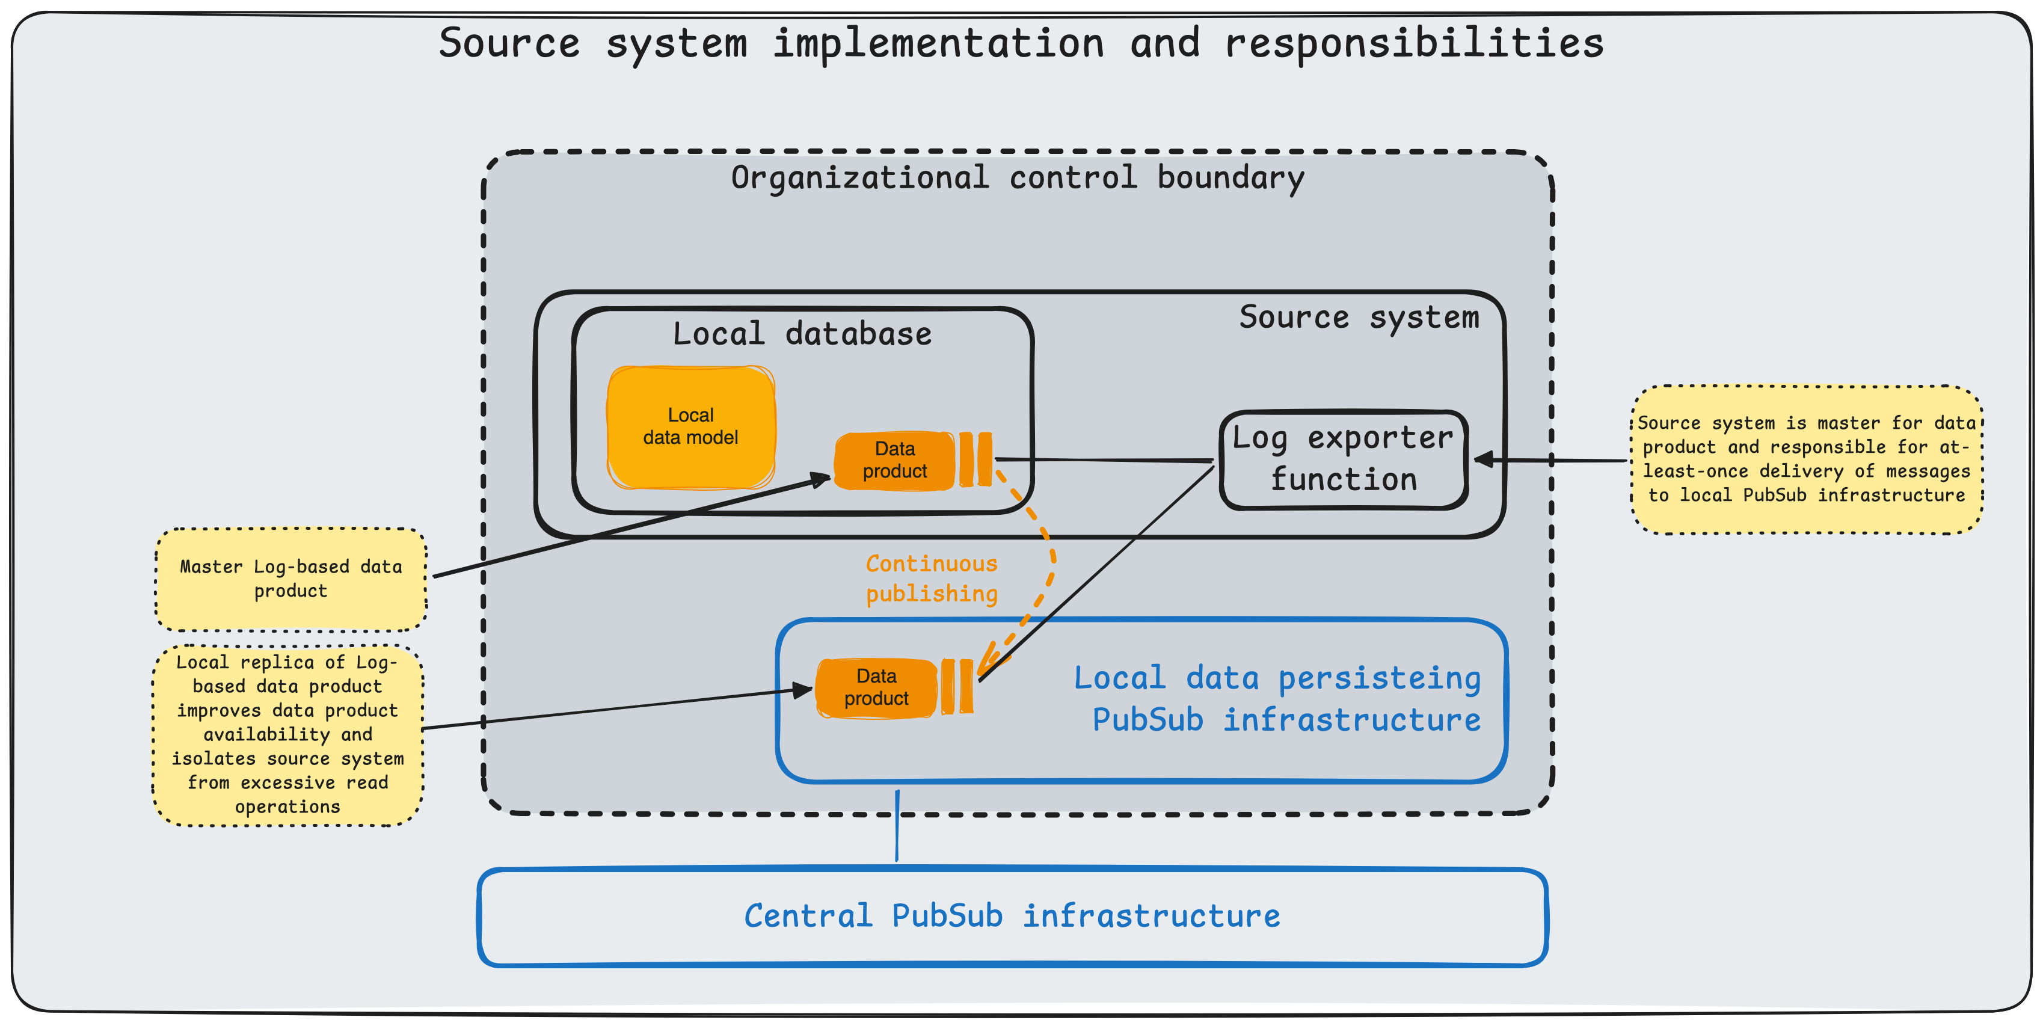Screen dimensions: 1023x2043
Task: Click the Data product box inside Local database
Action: [x=894, y=460]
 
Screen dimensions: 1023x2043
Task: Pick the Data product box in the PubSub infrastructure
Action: [x=876, y=687]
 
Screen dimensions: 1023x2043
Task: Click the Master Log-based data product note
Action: [x=290, y=579]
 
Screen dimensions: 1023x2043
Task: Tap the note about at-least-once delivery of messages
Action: [x=1806, y=459]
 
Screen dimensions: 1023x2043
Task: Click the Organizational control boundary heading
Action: [x=1017, y=177]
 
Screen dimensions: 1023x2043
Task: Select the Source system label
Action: [x=1359, y=317]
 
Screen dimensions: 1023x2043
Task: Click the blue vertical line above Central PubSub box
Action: [x=897, y=825]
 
